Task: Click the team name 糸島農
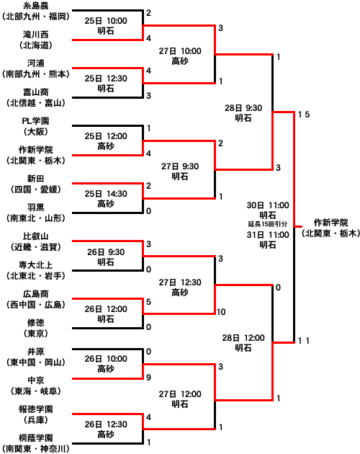pos(35,6)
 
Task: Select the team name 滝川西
pos(35,35)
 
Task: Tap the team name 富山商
pos(35,92)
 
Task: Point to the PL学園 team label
pos(35,121)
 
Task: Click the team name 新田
pos(35,179)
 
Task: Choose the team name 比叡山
pos(35,236)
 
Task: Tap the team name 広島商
pos(35,294)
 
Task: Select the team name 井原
pos(35,352)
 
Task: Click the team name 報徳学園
pos(35,409)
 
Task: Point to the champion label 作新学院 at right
pos(331,223)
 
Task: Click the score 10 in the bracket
pos(221,312)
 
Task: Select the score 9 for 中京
pos(148,378)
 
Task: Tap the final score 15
pos(304,115)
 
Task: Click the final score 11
pos(304,341)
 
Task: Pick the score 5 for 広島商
pos(148,302)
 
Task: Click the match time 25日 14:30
pos(106,194)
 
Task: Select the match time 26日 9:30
pos(106,252)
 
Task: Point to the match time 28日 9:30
pos(243,108)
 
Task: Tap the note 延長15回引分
pos(268,224)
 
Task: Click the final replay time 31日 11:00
pos(268,234)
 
